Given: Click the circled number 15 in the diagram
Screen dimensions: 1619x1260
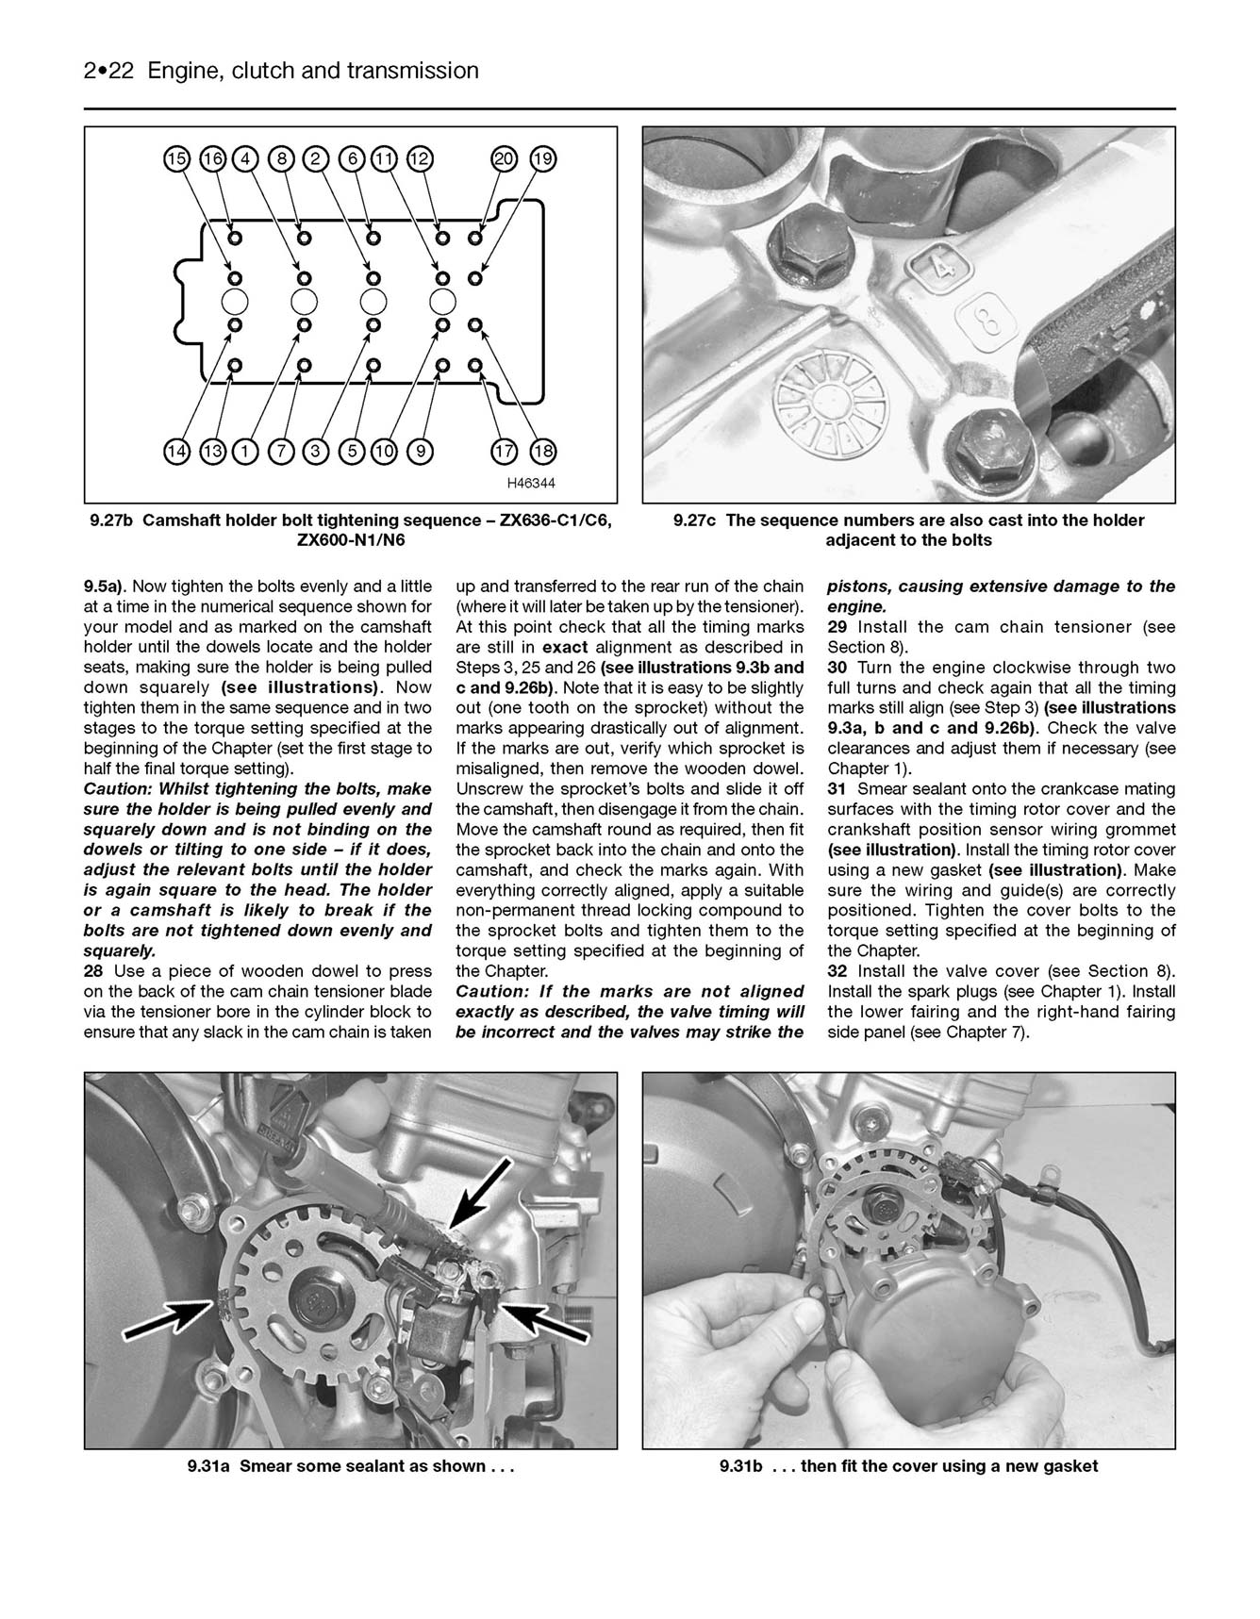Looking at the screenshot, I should coord(176,158).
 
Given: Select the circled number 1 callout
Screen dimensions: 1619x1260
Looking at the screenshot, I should coord(245,452).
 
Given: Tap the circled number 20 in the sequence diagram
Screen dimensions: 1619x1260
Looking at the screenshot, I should coord(506,158).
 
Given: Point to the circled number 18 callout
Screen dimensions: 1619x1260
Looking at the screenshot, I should coord(542,452).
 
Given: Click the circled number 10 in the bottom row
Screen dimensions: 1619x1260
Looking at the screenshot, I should coord(384,452).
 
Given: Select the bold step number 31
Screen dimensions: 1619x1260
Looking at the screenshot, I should coord(837,789).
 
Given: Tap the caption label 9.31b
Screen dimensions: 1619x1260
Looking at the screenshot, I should coord(740,1466).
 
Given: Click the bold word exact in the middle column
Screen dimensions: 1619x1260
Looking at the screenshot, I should coord(565,648).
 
